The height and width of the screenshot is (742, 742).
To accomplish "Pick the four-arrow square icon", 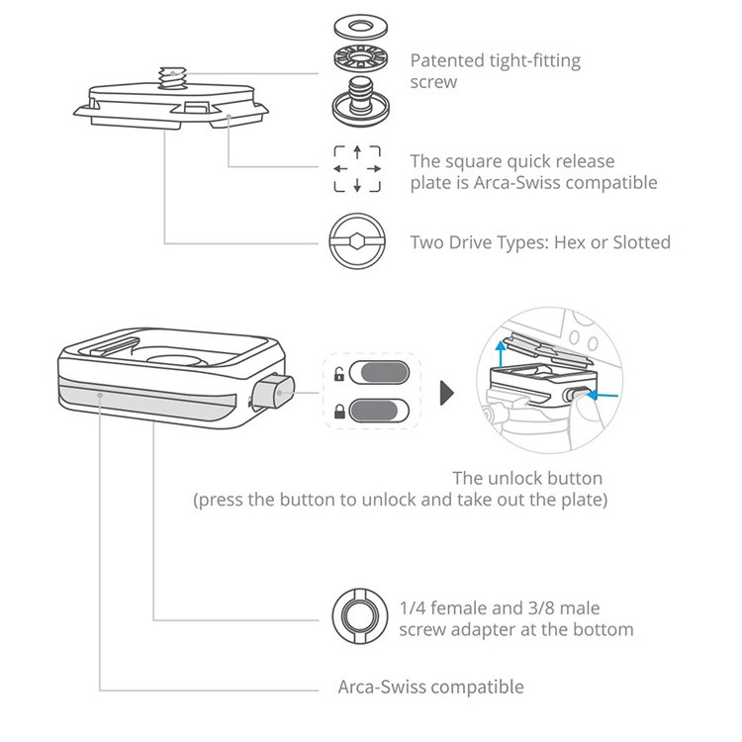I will point(356,170).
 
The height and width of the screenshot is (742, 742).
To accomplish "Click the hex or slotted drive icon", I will point(356,242).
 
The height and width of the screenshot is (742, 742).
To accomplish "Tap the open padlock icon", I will point(338,375).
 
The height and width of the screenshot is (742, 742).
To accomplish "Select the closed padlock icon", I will point(338,410).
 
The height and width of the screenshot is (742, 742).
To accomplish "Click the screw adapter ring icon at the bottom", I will point(356,615).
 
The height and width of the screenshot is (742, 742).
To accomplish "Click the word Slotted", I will point(640,242).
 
